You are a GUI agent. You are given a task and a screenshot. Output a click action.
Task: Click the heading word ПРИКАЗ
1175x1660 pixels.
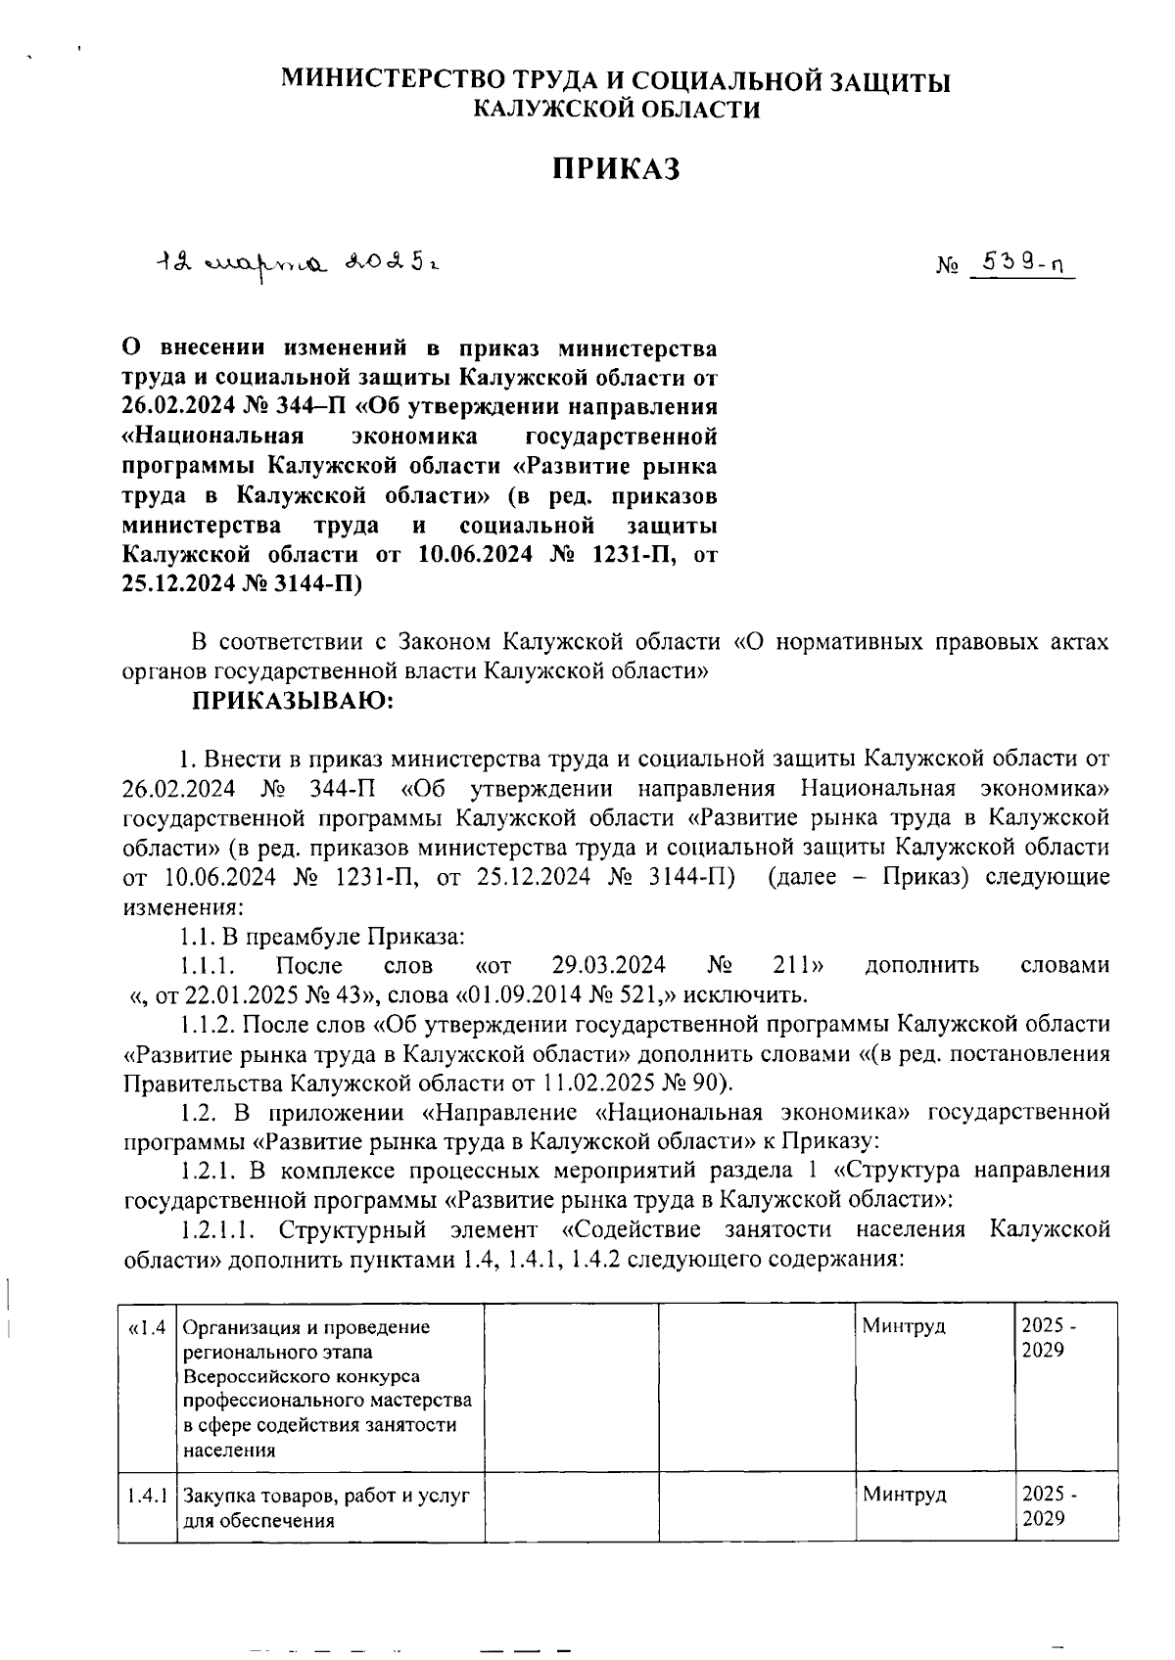pos(615,169)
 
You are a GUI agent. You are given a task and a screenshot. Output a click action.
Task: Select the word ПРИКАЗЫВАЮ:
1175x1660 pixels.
pos(293,701)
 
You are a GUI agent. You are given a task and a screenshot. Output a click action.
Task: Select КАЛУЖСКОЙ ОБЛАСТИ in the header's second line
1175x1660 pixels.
pos(616,110)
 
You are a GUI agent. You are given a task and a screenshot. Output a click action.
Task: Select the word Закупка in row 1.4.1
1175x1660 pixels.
pos(215,1496)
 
